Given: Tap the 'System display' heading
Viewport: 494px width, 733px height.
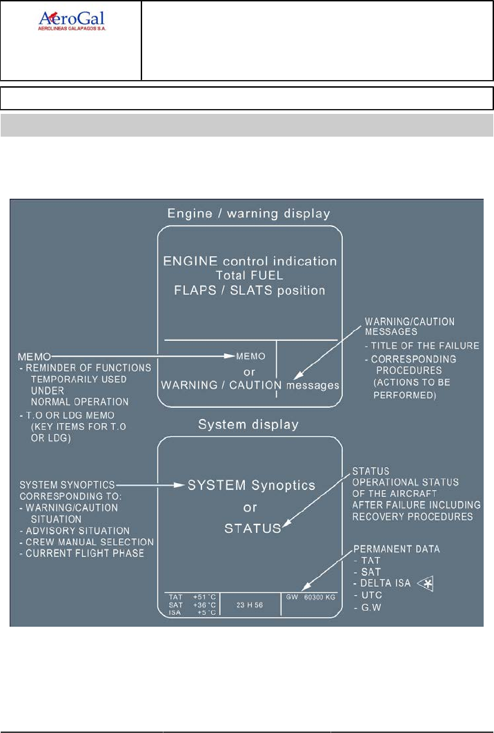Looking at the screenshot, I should click(x=249, y=425).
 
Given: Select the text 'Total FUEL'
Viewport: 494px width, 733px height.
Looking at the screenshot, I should click(x=250, y=276).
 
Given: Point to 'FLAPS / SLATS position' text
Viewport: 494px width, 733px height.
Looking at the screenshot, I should click(x=250, y=291).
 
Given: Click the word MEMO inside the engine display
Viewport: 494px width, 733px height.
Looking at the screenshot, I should click(x=250, y=356).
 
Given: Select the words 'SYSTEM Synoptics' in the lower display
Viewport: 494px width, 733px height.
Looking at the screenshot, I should click(x=251, y=485).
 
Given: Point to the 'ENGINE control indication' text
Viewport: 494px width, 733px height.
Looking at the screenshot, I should click(x=250, y=262).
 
